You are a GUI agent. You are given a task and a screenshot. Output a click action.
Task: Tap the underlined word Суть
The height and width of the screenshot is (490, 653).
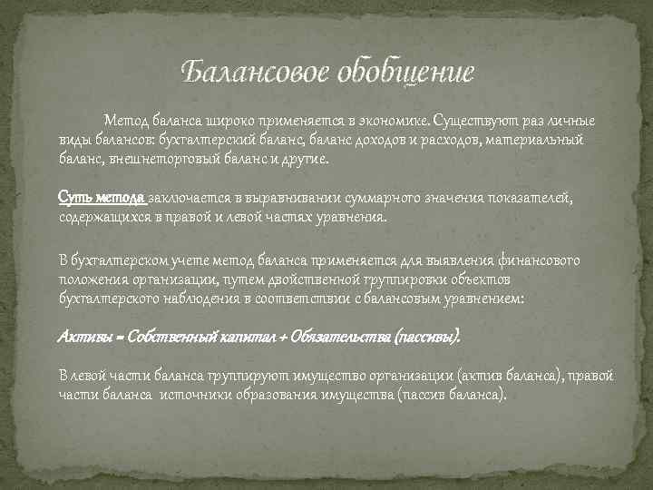[x=72, y=197]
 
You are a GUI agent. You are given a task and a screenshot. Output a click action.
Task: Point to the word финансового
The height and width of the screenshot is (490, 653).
[x=540, y=260]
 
